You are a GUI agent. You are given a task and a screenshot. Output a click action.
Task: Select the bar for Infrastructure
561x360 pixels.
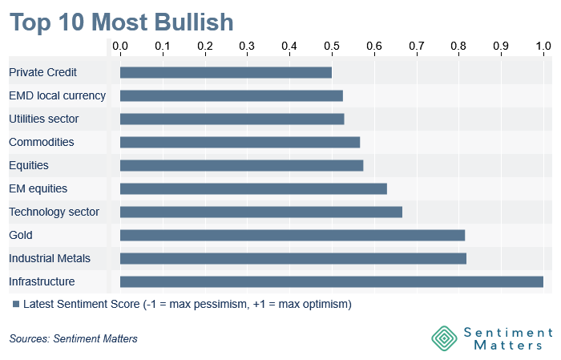[x=332, y=282]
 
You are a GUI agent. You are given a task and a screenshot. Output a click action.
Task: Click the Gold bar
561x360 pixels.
[x=293, y=236]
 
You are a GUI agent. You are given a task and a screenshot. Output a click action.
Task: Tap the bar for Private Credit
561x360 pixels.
[x=226, y=73]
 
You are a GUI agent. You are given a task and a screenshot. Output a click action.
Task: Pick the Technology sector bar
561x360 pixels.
[x=261, y=212]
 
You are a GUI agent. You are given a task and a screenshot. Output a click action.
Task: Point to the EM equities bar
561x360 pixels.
[x=253, y=189]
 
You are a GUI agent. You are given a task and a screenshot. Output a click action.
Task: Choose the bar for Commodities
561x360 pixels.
[x=240, y=143]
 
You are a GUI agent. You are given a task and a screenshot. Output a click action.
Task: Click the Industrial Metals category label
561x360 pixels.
[x=50, y=258]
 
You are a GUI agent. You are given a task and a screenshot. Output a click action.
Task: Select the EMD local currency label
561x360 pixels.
[x=57, y=95]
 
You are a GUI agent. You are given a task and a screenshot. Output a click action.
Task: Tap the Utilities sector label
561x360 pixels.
[x=43, y=119]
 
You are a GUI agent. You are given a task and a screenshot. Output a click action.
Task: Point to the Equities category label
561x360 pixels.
[x=29, y=165]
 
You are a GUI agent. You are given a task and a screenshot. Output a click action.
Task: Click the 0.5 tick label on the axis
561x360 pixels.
[x=332, y=46]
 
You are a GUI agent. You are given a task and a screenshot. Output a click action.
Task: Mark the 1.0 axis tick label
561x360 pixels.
[x=543, y=46]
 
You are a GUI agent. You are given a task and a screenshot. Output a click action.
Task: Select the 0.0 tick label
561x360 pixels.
[x=120, y=46]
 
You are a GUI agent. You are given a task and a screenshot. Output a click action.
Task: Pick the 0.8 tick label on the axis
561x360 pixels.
[x=458, y=46]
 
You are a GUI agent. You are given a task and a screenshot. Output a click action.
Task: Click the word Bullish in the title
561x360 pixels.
[x=194, y=22]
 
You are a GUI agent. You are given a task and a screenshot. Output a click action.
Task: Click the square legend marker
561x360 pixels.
[x=16, y=304]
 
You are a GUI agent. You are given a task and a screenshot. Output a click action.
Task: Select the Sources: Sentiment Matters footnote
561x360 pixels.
[x=74, y=338]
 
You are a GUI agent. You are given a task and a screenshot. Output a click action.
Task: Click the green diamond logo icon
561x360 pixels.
[x=444, y=338]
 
